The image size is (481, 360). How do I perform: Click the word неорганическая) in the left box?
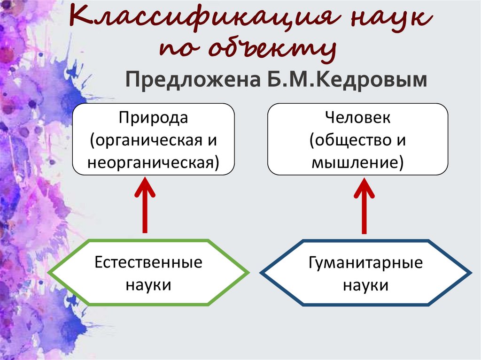[153, 163]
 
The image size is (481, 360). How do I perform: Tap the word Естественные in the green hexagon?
[148, 262]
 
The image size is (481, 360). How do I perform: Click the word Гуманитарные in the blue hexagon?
[366, 262]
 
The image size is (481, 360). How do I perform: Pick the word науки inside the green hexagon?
[148, 285]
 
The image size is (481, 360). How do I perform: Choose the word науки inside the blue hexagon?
[366, 285]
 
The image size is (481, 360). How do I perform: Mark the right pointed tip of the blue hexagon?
[470, 273]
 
